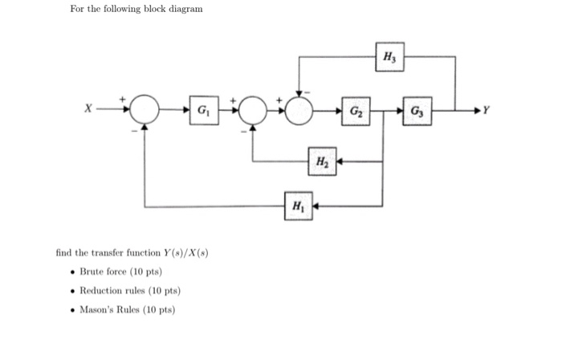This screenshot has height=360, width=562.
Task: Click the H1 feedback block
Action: tap(298, 207)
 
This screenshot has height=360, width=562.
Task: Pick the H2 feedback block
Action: tap(321, 162)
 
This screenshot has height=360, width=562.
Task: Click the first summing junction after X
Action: tap(145, 108)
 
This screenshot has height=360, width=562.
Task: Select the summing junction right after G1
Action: tap(253, 108)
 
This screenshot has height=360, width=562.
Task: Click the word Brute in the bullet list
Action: tap(92, 272)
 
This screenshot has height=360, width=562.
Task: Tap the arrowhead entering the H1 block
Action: tap(315, 207)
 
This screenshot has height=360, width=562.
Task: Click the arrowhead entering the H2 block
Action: tap(338, 162)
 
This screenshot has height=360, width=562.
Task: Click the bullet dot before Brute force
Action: tap(73, 272)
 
